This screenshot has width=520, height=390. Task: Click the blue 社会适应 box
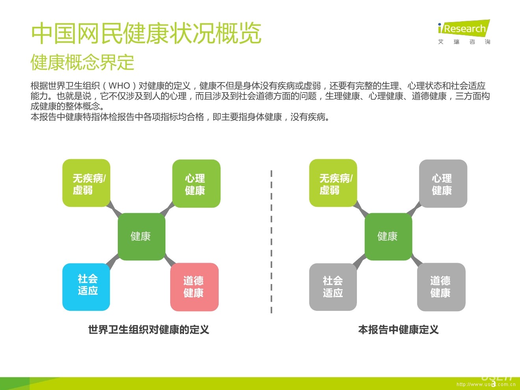[86, 287]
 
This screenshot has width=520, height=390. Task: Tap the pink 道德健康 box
[194, 287]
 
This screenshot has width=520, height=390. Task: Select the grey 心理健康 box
[443, 184]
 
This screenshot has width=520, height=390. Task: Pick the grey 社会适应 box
[333, 287]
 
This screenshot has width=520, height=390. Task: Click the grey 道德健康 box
[441, 287]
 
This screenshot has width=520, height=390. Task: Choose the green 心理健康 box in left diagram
[196, 184]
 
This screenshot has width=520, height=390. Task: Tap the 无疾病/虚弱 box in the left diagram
[86, 183]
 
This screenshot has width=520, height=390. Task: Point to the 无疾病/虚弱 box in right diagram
[333, 183]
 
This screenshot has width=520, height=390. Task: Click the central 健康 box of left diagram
[141, 236]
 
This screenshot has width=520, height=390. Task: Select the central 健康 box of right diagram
[388, 236]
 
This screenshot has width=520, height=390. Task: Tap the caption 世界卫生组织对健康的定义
[149, 330]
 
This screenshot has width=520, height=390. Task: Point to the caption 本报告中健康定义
[398, 330]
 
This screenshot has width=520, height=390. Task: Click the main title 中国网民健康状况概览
[146, 33]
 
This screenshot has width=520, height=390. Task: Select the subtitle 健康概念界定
[82, 63]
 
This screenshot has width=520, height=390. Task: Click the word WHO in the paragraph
[119, 85]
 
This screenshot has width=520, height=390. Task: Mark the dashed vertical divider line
[271, 242]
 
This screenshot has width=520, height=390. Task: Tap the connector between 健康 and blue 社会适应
[112, 261]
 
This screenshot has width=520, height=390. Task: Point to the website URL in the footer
[486, 384]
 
